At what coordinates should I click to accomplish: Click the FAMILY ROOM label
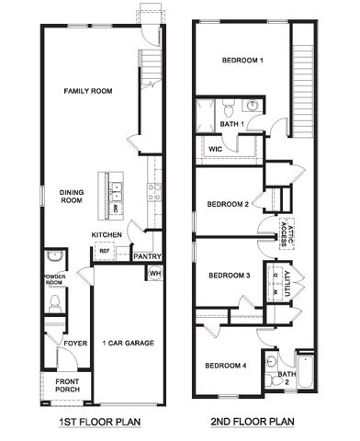tap(87, 92)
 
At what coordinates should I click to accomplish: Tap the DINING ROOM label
tap(72, 196)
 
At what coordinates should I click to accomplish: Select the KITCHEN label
tap(107, 235)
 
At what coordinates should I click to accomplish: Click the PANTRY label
tap(147, 256)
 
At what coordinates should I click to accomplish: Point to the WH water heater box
tap(154, 273)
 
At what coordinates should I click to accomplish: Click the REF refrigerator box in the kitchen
tap(104, 250)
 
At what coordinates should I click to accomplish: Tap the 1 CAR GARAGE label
tap(128, 344)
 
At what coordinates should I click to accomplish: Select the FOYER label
tap(74, 345)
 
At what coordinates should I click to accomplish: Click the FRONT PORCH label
tap(67, 387)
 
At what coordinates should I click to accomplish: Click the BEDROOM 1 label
tap(242, 61)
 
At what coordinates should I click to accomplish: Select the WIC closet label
tap(216, 147)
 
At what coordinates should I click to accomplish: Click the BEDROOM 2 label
tap(228, 204)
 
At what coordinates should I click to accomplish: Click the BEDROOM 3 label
tap(229, 276)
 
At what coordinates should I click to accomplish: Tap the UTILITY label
tap(290, 278)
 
